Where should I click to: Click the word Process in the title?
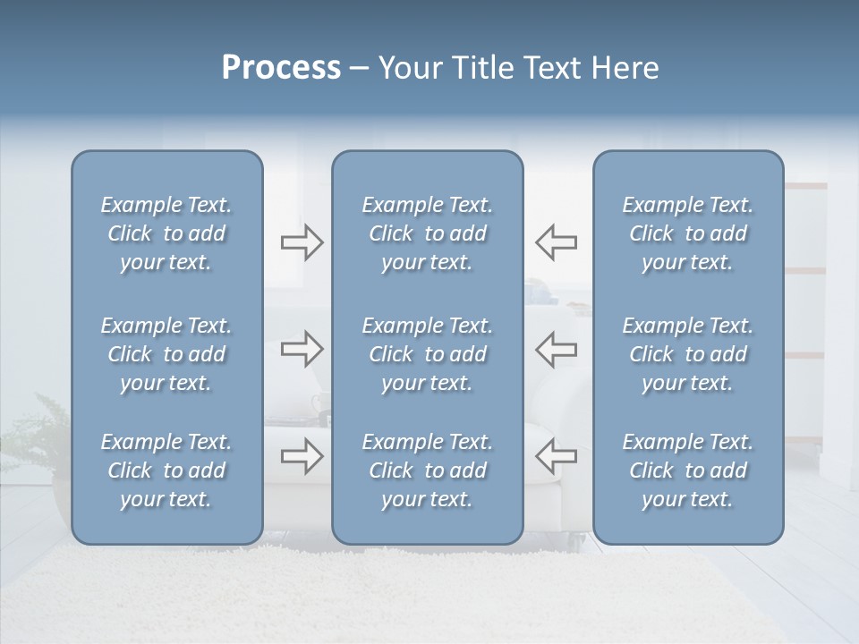281,68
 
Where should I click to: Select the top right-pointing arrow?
302,242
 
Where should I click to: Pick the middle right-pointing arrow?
302,349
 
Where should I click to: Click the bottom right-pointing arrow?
302,456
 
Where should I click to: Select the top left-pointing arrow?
556,242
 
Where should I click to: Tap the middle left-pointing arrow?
556,349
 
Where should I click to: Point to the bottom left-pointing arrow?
556,456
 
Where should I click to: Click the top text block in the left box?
166,233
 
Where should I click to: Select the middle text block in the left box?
166,354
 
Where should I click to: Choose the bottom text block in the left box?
166,470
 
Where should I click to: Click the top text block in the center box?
427,233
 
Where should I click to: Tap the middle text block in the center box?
427,354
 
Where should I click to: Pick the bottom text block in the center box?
427,470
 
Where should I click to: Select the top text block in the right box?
687,233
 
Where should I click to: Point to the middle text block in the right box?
687,354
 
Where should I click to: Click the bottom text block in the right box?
687,470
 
